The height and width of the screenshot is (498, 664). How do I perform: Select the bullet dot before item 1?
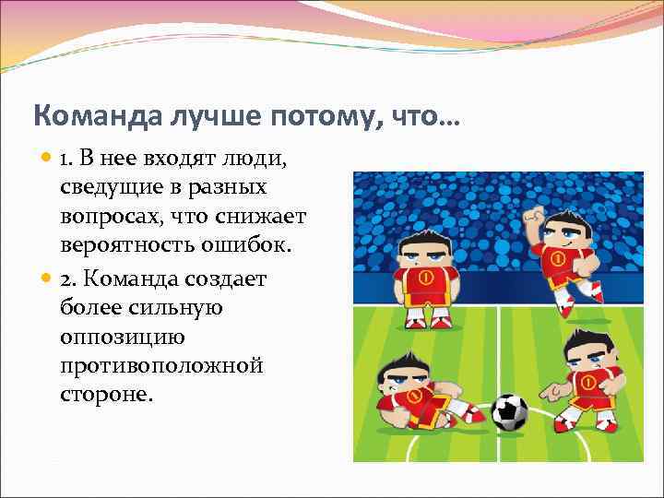48,160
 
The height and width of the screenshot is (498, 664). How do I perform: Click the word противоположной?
161,366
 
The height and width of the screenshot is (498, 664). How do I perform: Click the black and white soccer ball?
508,412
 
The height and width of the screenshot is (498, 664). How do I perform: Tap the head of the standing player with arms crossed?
424,249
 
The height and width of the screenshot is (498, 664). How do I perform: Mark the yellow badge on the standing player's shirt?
426,277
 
